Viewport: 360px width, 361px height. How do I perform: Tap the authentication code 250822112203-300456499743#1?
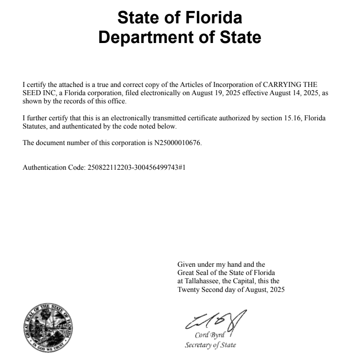(136, 167)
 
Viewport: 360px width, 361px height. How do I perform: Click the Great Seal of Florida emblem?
(48, 327)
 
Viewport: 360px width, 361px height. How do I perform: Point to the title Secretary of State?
(210, 345)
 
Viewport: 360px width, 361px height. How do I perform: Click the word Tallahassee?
(205, 281)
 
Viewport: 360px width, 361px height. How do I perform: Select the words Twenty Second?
(198, 290)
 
